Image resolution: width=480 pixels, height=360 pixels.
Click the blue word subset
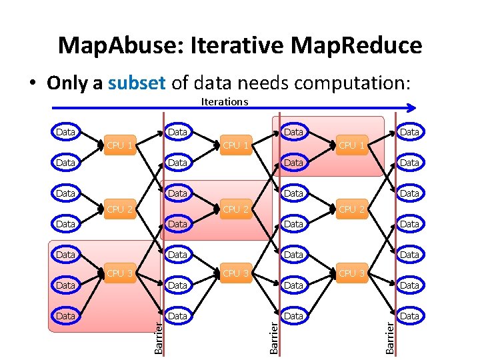pyautogui.click(x=137, y=83)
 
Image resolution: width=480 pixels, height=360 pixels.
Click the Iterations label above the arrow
pyautogui.click(x=224, y=101)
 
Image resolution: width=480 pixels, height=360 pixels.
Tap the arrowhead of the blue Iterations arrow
pyautogui.click(x=412, y=107)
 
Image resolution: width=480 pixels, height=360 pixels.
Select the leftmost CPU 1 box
pyautogui.click(x=121, y=145)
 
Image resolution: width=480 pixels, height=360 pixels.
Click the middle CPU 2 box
pyautogui.click(x=237, y=209)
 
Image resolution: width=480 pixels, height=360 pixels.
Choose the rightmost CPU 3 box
pyautogui.click(x=352, y=273)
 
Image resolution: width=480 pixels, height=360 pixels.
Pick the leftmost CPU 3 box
pyautogui.click(x=121, y=273)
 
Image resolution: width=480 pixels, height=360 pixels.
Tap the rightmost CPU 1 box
pyautogui.click(x=352, y=145)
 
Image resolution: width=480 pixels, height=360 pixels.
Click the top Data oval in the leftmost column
pyautogui.click(x=65, y=132)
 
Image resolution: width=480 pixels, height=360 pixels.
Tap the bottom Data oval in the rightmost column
pyautogui.click(x=409, y=316)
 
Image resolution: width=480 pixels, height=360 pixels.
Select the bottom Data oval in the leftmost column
pyautogui.click(x=65, y=316)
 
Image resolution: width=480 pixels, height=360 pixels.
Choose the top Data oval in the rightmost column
pyautogui.click(x=409, y=132)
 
